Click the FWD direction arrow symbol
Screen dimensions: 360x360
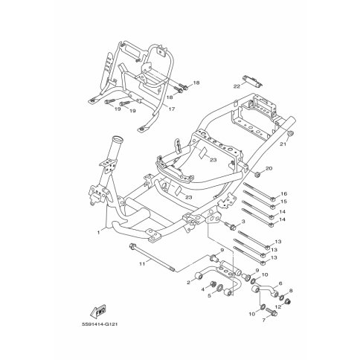click(98, 310)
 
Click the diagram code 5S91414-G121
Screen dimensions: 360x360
click(100, 324)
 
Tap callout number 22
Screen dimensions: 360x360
click(237, 86)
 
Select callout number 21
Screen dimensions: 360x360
click(283, 144)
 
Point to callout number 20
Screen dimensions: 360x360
click(269, 168)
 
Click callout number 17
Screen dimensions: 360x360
click(171, 109)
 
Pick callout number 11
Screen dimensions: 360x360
click(142, 264)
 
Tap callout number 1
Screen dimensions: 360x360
click(98, 232)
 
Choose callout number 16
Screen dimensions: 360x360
click(284, 193)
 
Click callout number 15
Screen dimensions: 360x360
click(283, 202)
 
